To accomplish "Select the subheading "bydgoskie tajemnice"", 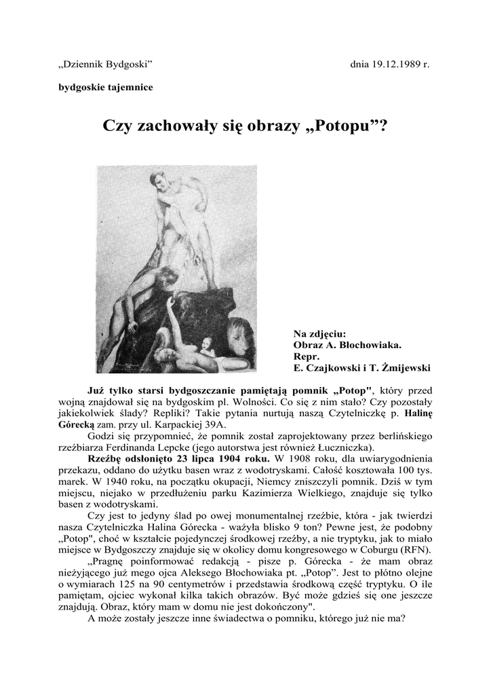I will tap(104, 87).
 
